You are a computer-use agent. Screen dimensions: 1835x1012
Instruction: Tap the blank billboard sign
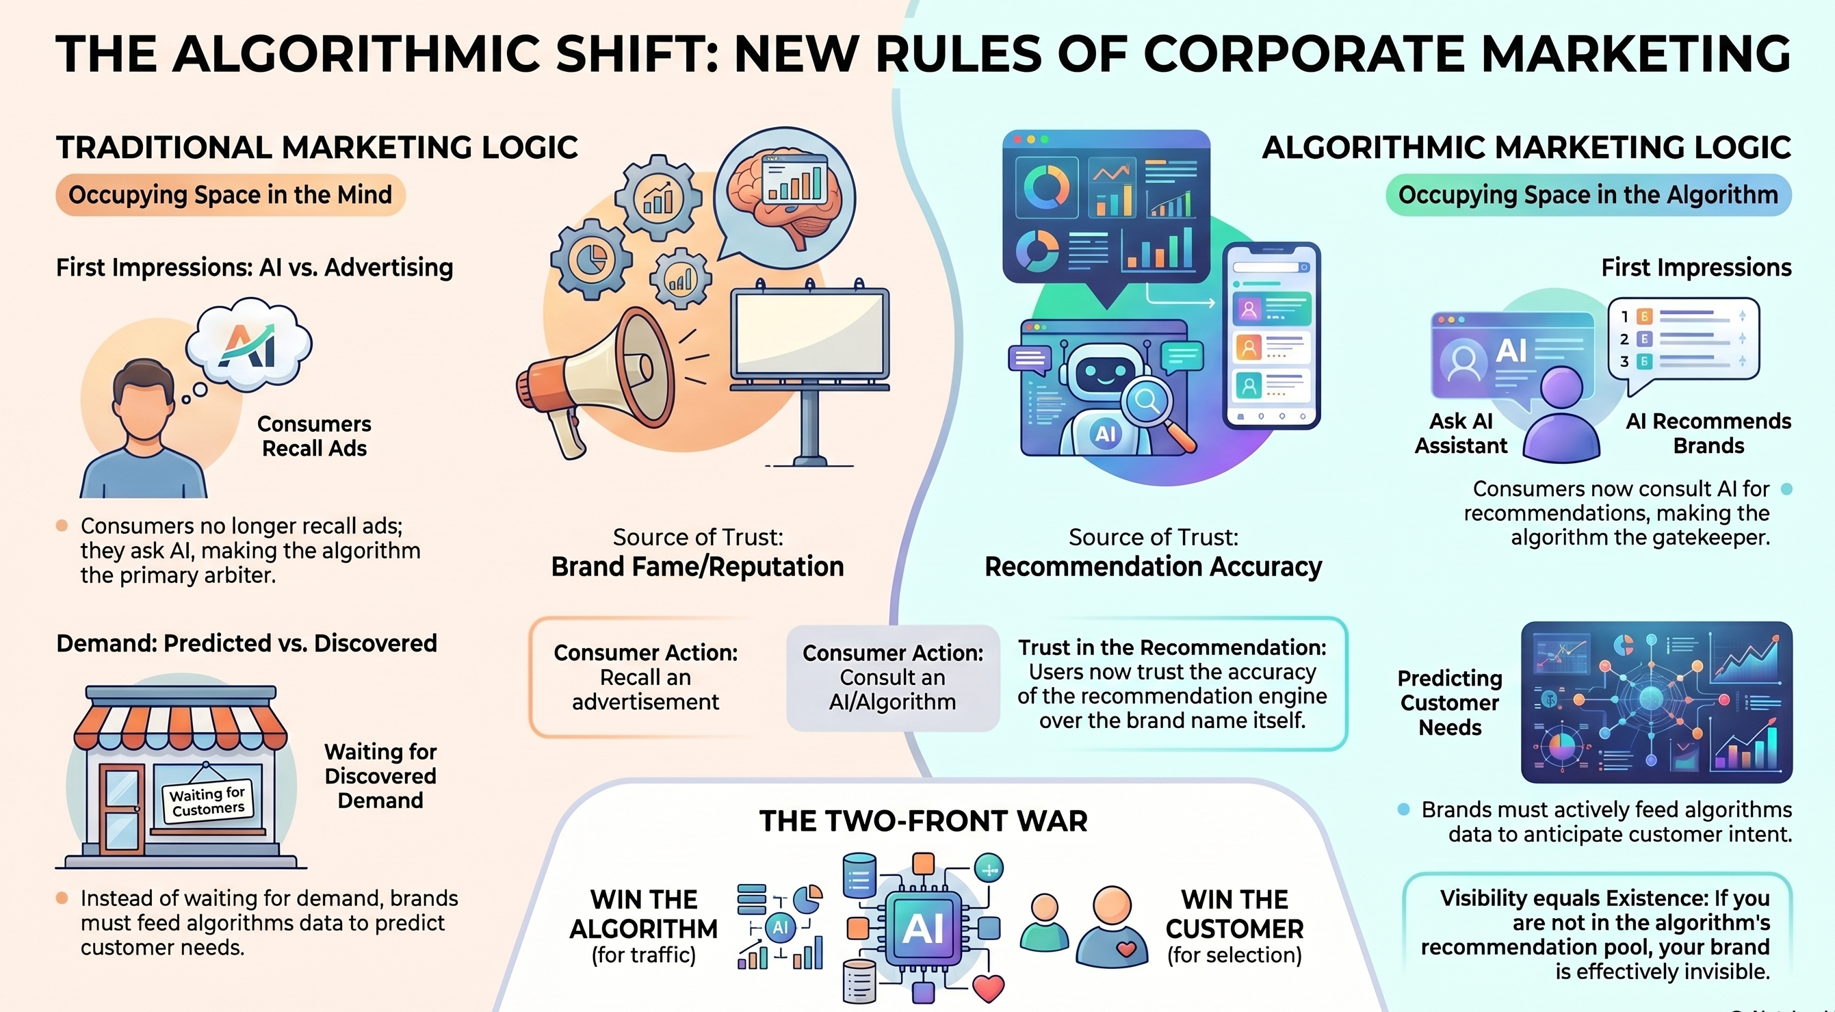[811, 335]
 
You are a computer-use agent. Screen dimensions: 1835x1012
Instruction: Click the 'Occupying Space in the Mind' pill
[230, 194]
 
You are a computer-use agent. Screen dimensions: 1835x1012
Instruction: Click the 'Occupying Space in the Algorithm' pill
[1588, 194]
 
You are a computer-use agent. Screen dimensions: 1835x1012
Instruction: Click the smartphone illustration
[1271, 335]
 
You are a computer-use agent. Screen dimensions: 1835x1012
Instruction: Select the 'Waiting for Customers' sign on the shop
[207, 802]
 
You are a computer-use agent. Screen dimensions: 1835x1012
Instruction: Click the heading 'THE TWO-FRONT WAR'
[923, 821]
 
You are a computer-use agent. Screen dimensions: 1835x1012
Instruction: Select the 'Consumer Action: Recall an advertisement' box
[645, 677]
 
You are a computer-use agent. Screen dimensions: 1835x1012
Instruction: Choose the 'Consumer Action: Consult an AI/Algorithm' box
[893, 677]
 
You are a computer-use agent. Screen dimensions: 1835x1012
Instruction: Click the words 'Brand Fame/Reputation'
[697, 567]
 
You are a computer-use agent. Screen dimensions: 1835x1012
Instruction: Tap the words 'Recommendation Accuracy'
[1154, 567]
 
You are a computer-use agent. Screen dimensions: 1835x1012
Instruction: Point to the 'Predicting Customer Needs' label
[1450, 703]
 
